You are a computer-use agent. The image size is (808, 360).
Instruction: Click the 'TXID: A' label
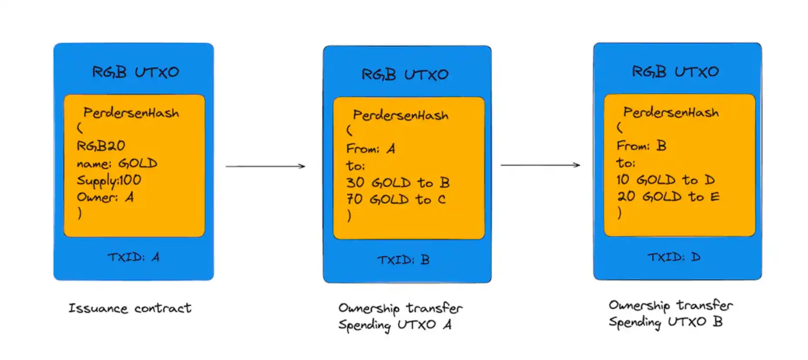(134, 257)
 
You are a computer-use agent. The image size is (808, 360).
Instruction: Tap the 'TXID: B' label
(403, 260)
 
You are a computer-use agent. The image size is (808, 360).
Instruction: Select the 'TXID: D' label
(674, 257)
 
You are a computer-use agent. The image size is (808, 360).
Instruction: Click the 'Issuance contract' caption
(130, 308)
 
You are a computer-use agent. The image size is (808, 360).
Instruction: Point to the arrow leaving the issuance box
(265, 166)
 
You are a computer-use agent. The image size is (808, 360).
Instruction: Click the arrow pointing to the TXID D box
(540, 165)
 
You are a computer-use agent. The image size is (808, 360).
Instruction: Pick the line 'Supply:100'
(109, 180)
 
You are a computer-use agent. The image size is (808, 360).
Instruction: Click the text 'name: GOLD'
(117, 163)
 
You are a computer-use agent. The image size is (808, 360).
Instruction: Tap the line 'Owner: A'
(105, 197)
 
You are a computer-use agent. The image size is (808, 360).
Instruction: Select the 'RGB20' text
(101, 146)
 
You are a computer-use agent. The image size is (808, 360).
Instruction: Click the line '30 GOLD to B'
(397, 183)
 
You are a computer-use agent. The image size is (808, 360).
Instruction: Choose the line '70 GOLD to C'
(396, 200)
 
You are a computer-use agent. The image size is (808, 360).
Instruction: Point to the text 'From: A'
(371, 149)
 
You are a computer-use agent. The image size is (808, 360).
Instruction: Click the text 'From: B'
(641, 146)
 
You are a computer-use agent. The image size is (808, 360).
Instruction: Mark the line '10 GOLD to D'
(665, 180)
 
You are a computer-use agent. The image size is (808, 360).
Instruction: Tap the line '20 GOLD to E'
(668, 197)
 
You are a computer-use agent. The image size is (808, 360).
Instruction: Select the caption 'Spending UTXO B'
(665, 322)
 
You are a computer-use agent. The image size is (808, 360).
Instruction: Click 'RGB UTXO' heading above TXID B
(405, 75)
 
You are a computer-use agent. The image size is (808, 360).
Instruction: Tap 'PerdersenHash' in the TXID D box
(671, 113)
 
